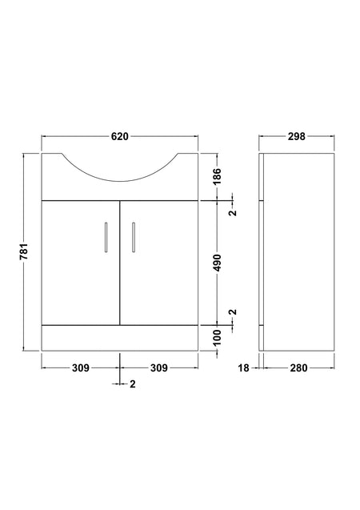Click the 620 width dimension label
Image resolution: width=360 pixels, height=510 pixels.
(120, 136)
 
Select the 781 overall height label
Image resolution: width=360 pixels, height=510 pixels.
(24, 251)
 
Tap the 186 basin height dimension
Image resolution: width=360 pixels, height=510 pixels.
(218, 175)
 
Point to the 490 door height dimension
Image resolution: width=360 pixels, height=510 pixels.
(218, 263)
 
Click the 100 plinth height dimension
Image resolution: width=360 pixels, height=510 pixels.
(218, 337)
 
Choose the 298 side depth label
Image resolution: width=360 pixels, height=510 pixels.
(296, 136)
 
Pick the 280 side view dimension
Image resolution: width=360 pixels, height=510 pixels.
(298, 367)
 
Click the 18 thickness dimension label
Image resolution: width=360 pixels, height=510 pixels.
(243, 367)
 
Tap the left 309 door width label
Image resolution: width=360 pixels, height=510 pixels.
(80, 367)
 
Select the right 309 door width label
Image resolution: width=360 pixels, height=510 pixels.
(159, 367)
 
